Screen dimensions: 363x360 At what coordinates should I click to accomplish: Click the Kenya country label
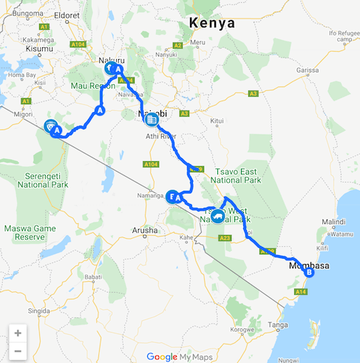click(212, 23)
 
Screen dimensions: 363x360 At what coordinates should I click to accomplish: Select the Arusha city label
click(145, 231)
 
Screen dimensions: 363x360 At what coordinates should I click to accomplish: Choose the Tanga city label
click(279, 324)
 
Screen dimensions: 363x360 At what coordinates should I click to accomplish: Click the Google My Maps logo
click(180, 356)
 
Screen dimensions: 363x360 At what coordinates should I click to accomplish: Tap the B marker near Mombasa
click(309, 272)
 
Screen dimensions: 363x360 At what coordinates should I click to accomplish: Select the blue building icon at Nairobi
click(151, 118)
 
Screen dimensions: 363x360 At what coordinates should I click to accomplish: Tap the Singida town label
click(40, 312)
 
